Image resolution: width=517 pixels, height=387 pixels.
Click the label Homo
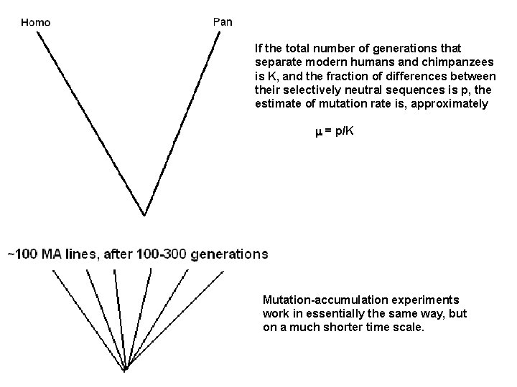[36, 21]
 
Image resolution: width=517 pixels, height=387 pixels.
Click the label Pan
[223, 21]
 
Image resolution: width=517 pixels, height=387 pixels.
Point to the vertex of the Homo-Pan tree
[146, 214]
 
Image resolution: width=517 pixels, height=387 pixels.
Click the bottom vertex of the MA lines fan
[125, 371]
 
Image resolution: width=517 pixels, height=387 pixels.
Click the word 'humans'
[392, 62]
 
